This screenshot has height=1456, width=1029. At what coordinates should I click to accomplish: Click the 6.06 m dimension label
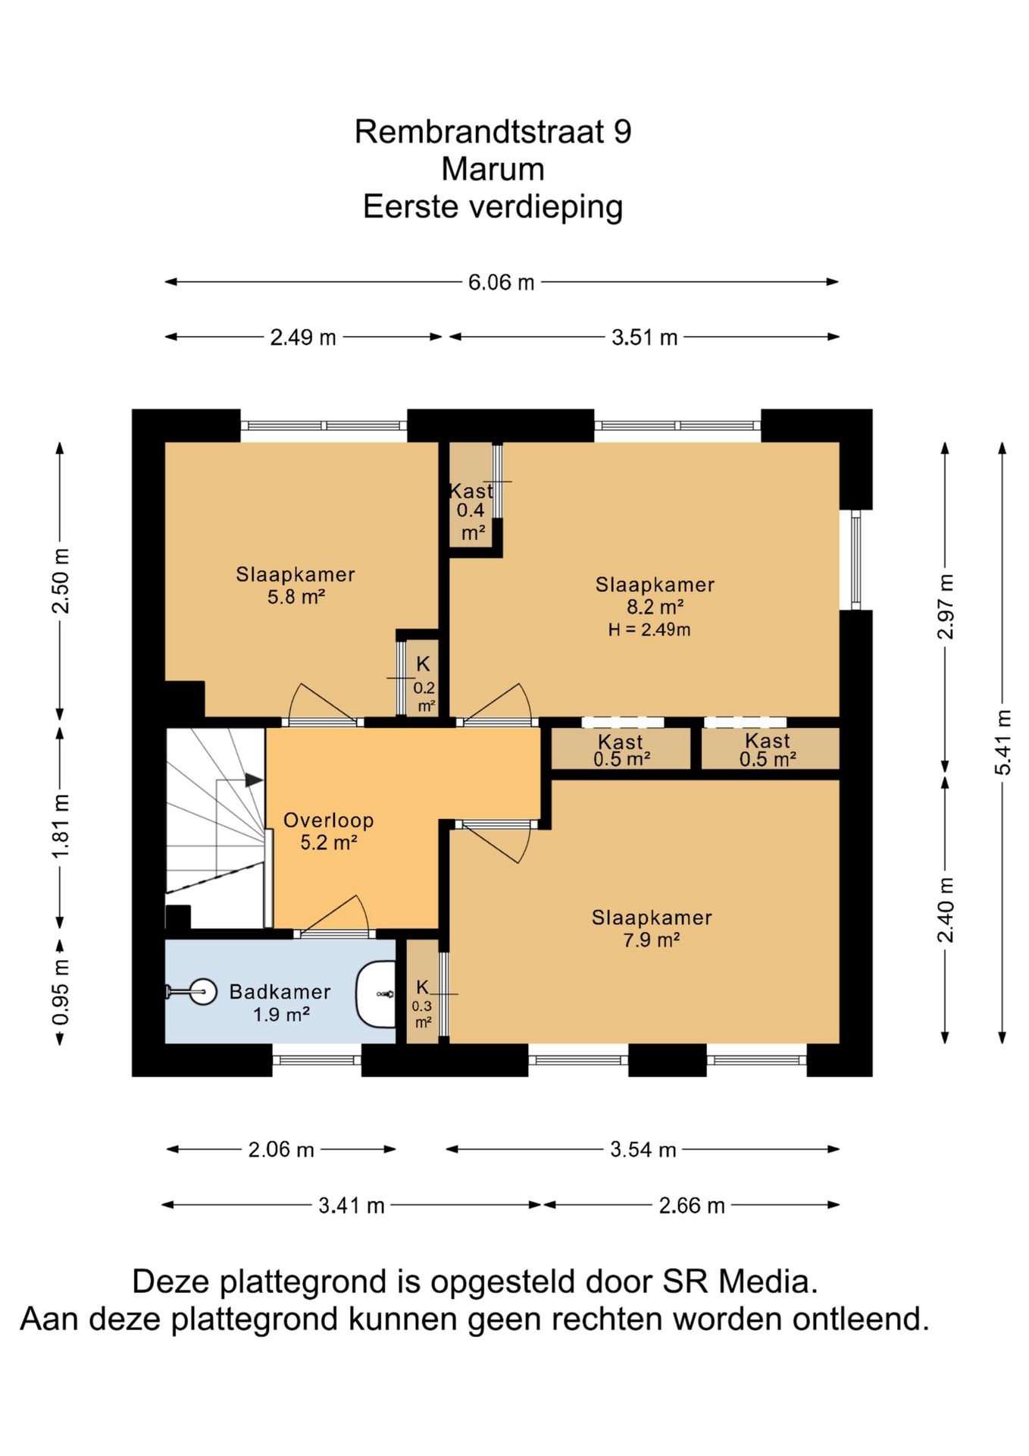(501, 282)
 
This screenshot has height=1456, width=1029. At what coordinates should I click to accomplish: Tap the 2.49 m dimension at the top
(303, 337)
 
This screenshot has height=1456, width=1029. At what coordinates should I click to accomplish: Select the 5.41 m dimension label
(1002, 742)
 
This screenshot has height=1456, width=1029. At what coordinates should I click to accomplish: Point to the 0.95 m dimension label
(61, 992)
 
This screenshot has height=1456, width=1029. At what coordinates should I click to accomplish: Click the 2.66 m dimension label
(692, 1205)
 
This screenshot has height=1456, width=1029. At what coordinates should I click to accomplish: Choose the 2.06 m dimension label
(281, 1150)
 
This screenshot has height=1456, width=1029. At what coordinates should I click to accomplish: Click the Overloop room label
(329, 821)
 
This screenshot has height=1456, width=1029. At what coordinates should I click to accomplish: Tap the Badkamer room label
(280, 992)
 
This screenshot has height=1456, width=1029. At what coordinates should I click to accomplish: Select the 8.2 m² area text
(655, 607)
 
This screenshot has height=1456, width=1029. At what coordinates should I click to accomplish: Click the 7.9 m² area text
(652, 940)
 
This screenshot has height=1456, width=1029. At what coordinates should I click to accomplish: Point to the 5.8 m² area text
(296, 597)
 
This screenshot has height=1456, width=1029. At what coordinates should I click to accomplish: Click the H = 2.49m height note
(649, 629)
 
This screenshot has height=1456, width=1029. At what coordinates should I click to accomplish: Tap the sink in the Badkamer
(377, 994)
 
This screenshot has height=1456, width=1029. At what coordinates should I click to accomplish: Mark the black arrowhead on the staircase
(254, 780)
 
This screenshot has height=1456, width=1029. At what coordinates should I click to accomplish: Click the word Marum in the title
(493, 169)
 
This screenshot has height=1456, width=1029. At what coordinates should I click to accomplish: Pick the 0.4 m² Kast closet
(471, 494)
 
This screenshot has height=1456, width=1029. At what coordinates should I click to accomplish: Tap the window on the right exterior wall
(856, 560)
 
